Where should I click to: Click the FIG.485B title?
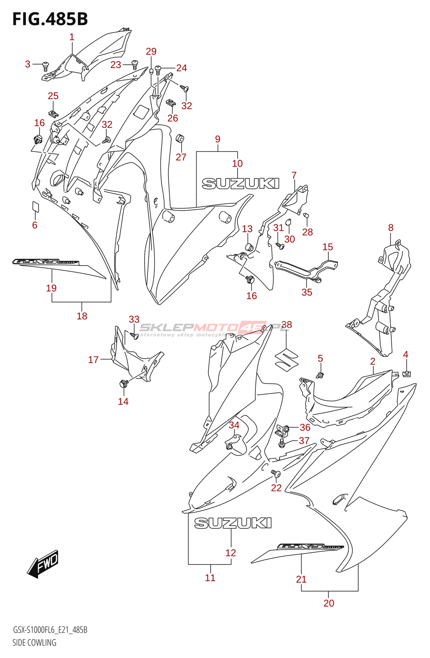(50, 19)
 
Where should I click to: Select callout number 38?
(286, 325)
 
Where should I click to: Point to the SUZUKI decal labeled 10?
(241, 183)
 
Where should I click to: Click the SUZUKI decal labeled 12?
(233, 523)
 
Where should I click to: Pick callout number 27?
(181, 157)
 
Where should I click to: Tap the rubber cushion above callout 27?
(180, 138)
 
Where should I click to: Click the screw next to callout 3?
(46, 65)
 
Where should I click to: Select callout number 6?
(35, 225)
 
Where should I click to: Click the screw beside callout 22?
(276, 474)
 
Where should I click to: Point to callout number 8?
(390, 227)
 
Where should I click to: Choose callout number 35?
(307, 292)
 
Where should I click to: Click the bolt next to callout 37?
(282, 443)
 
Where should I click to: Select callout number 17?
(93, 360)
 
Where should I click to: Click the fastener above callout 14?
(123, 384)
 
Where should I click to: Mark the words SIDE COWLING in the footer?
(34, 642)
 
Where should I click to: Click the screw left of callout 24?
(158, 70)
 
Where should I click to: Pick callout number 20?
(329, 603)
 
